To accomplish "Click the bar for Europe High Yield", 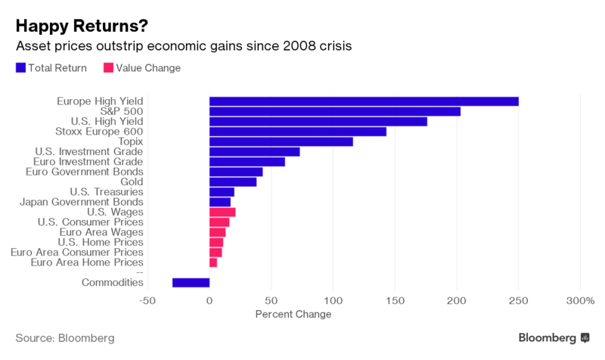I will (x=364, y=101).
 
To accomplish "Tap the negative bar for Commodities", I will (x=191, y=283).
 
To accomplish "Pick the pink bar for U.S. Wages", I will (x=222, y=213).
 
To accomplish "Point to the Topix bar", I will (x=281, y=141).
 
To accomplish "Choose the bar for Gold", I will (x=233, y=182).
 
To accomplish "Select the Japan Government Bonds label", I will (x=82, y=202).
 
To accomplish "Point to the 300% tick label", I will (x=580, y=299).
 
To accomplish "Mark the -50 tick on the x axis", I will (x=147, y=299).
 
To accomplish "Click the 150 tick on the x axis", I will (x=395, y=299).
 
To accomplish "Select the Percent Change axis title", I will (x=293, y=314).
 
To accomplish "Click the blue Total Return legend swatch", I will (x=20, y=68).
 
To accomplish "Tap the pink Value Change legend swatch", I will (x=108, y=68).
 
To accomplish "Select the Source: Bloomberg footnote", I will (x=65, y=337).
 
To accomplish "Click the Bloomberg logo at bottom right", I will (x=554, y=337).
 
